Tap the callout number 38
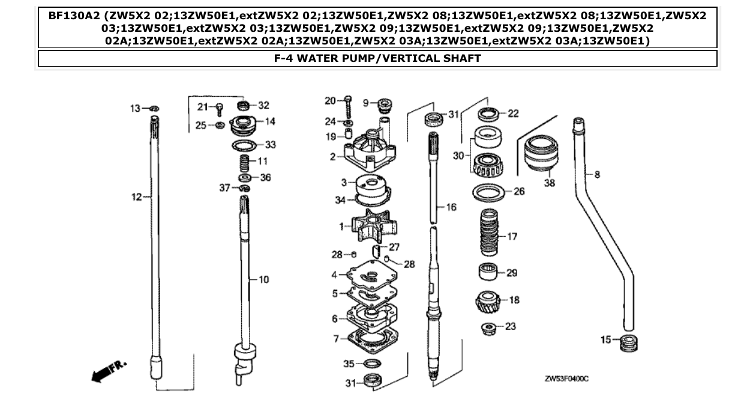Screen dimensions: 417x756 coord(550,183)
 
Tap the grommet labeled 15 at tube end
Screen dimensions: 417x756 coord(628,342)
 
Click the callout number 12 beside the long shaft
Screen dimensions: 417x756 coord(137,196)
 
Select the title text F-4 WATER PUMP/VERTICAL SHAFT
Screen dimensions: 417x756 coord(377,58)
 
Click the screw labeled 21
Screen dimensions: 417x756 coord(220,108)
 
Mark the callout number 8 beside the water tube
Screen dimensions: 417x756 coord(597,174)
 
